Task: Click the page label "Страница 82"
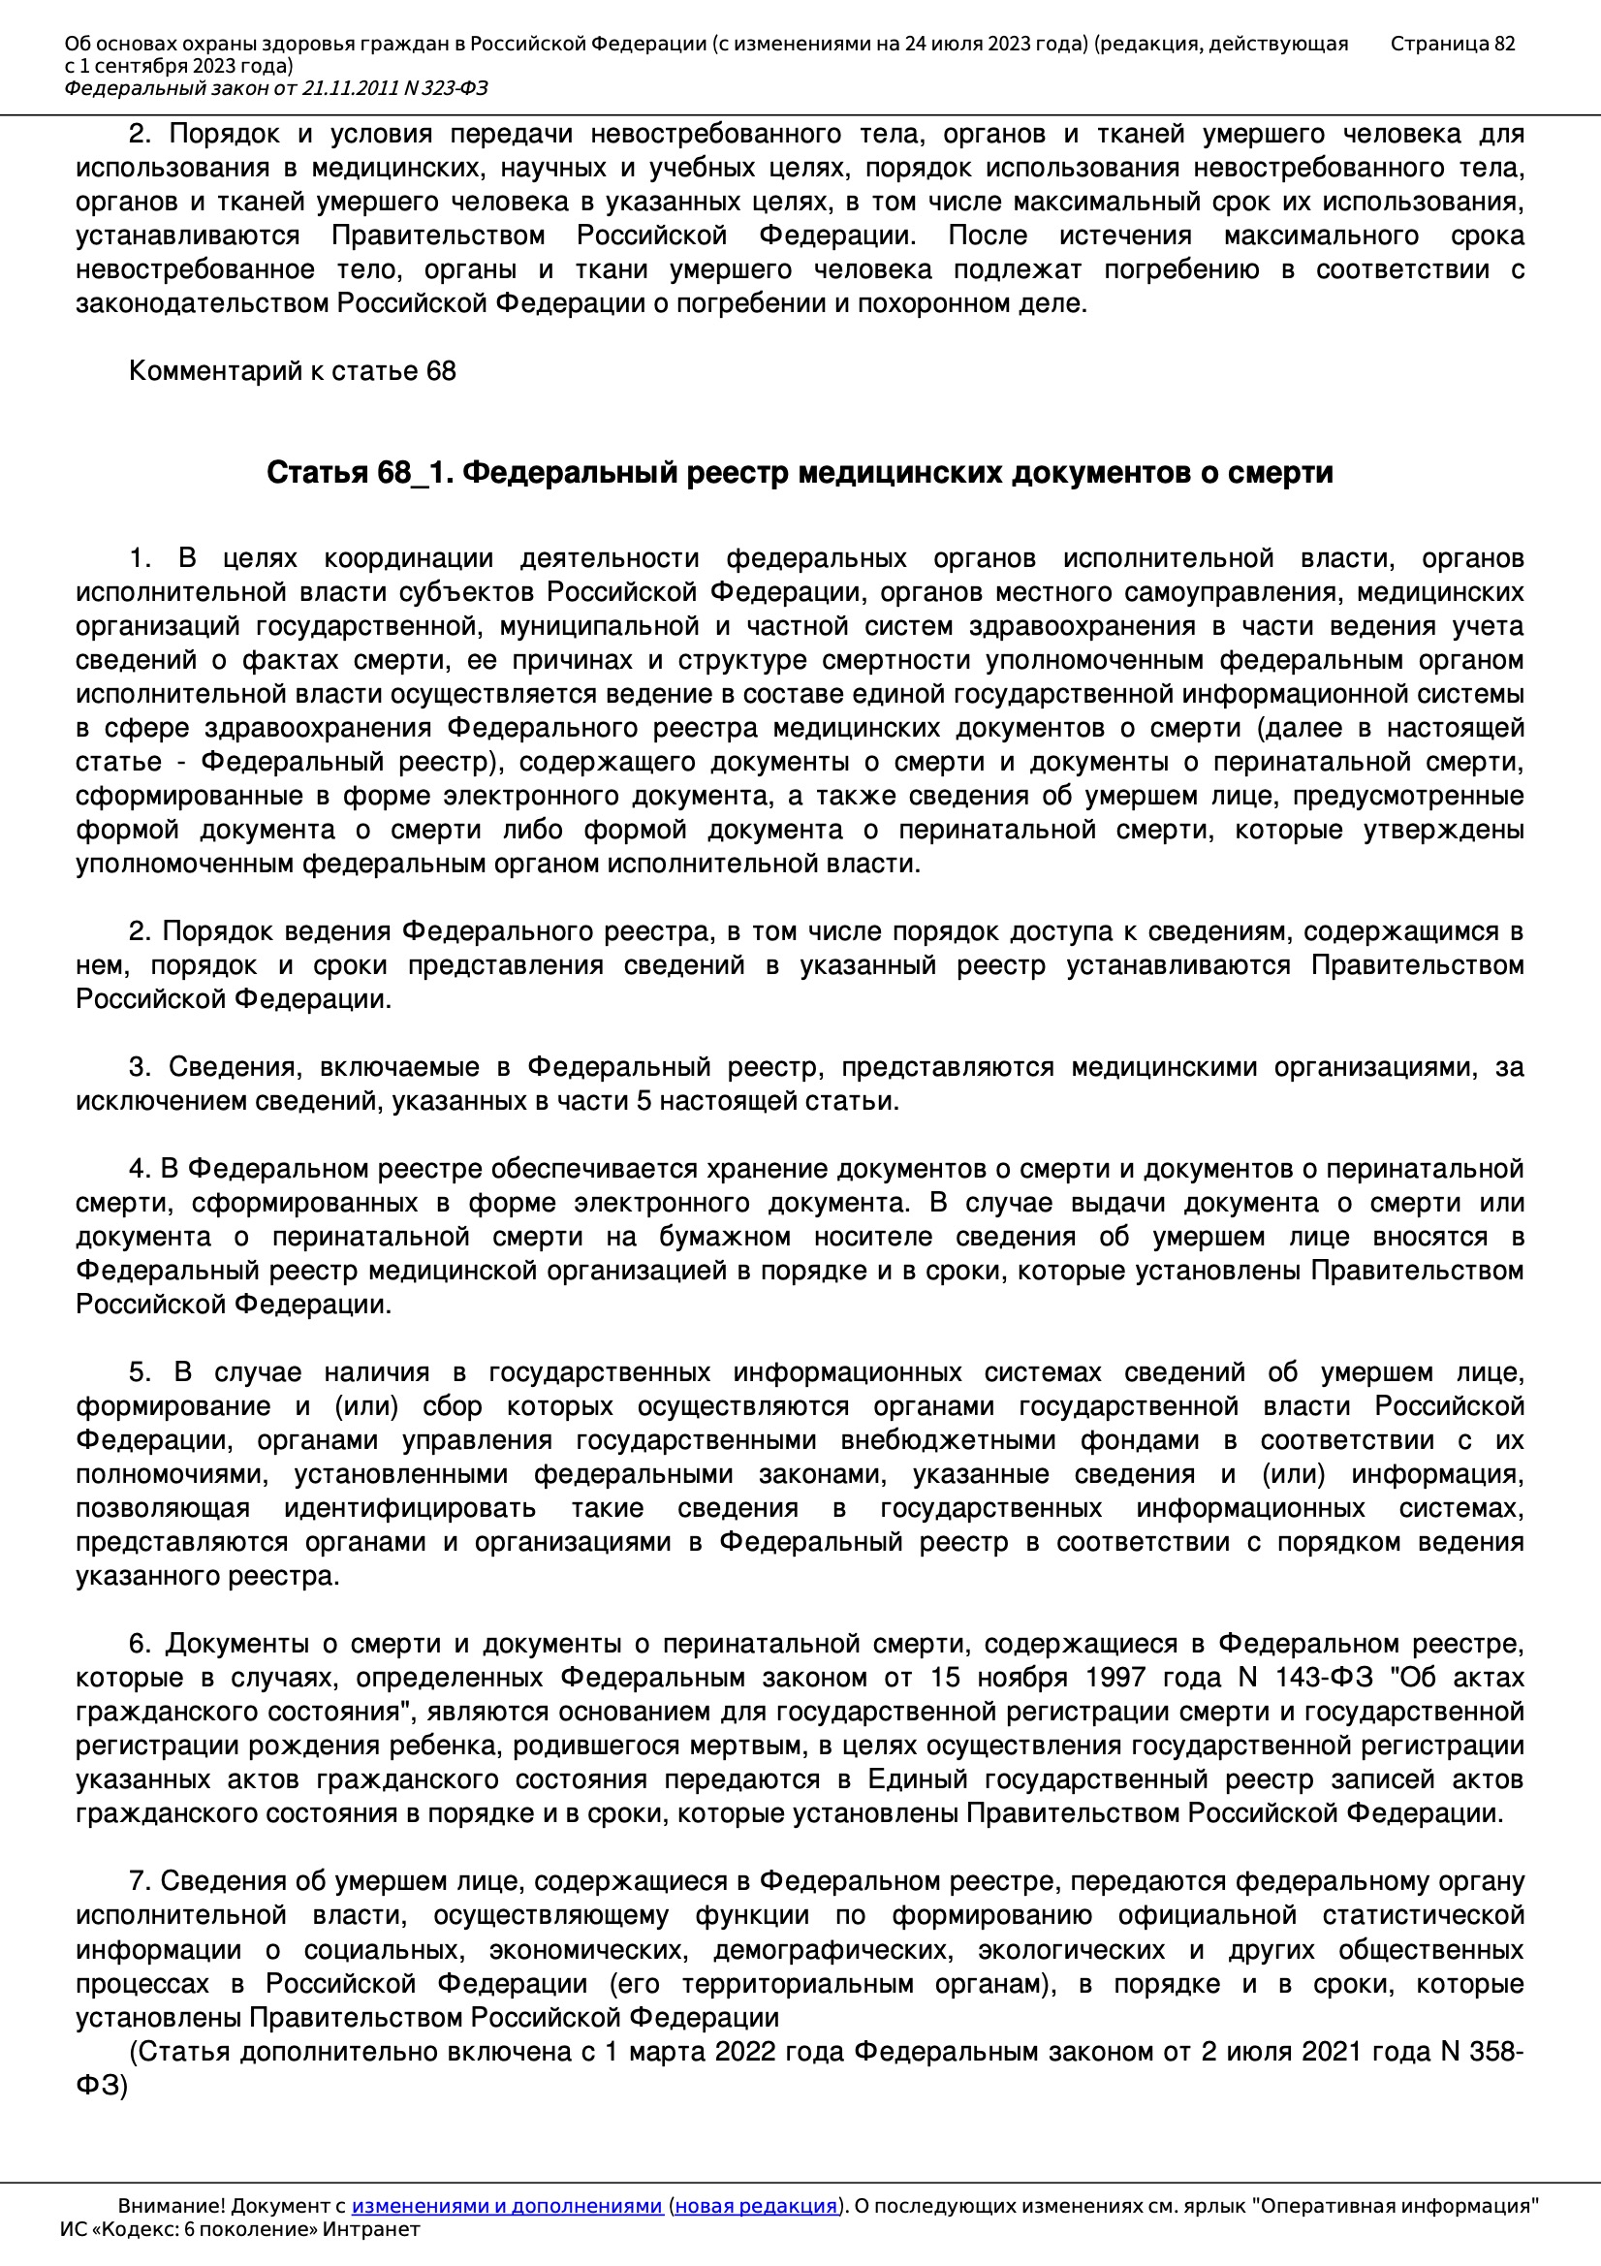[x=1452, y=44]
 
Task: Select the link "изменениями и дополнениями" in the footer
[x=506, y=2206]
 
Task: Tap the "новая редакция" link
[x=755, y=2206]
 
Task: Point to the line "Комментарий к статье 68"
[x=292, y=371]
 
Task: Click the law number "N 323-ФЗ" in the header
[x=444, y=89]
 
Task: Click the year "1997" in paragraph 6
[x=1115, y=1677]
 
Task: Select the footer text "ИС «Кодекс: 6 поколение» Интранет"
[x=239, y=2228]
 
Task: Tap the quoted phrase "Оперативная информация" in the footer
[x=1395, y=2206]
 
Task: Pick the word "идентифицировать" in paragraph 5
[x=410, y=1508]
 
